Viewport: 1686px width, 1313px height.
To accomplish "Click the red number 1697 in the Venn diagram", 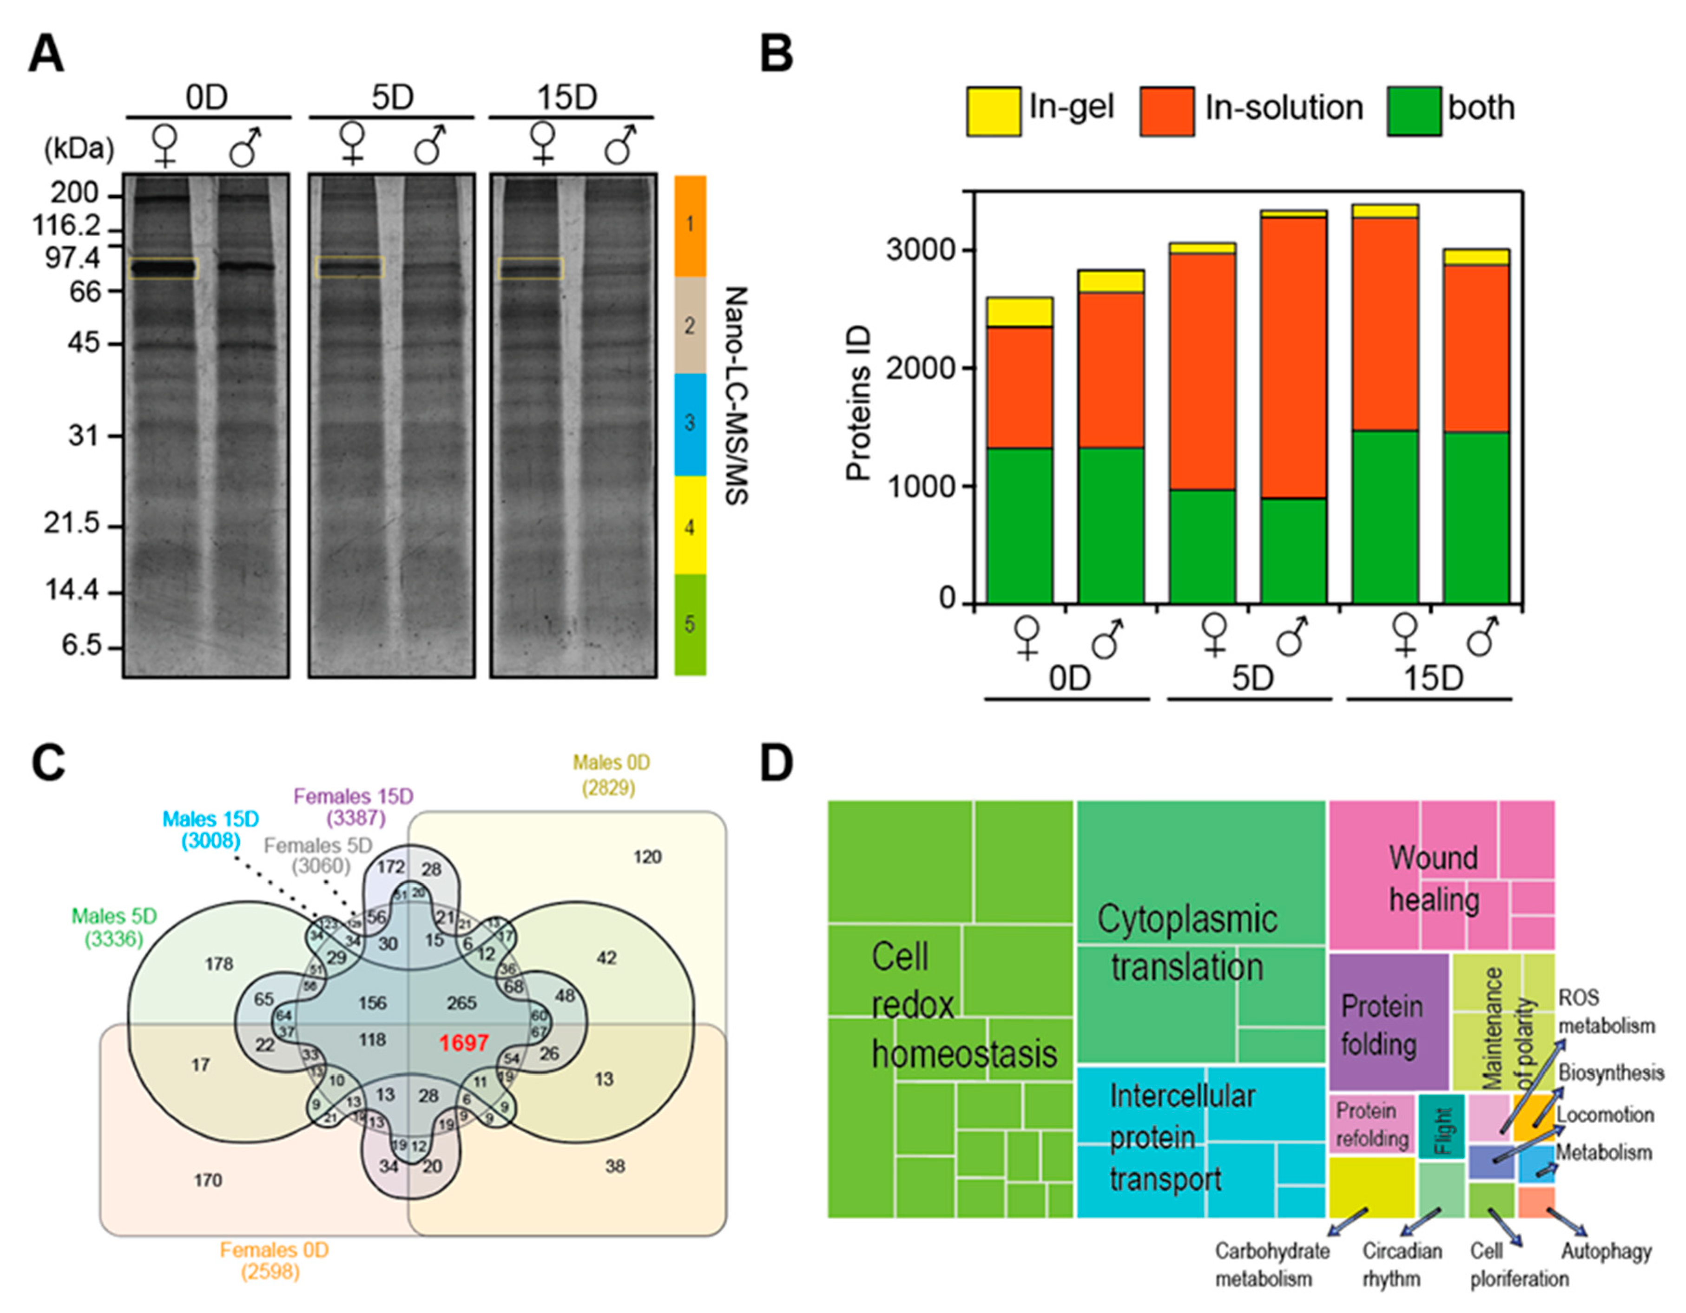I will pyautogui.click(x=463, y=1043).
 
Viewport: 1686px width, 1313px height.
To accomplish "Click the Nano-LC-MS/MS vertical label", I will pyautogui.click(x=737, y=396).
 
